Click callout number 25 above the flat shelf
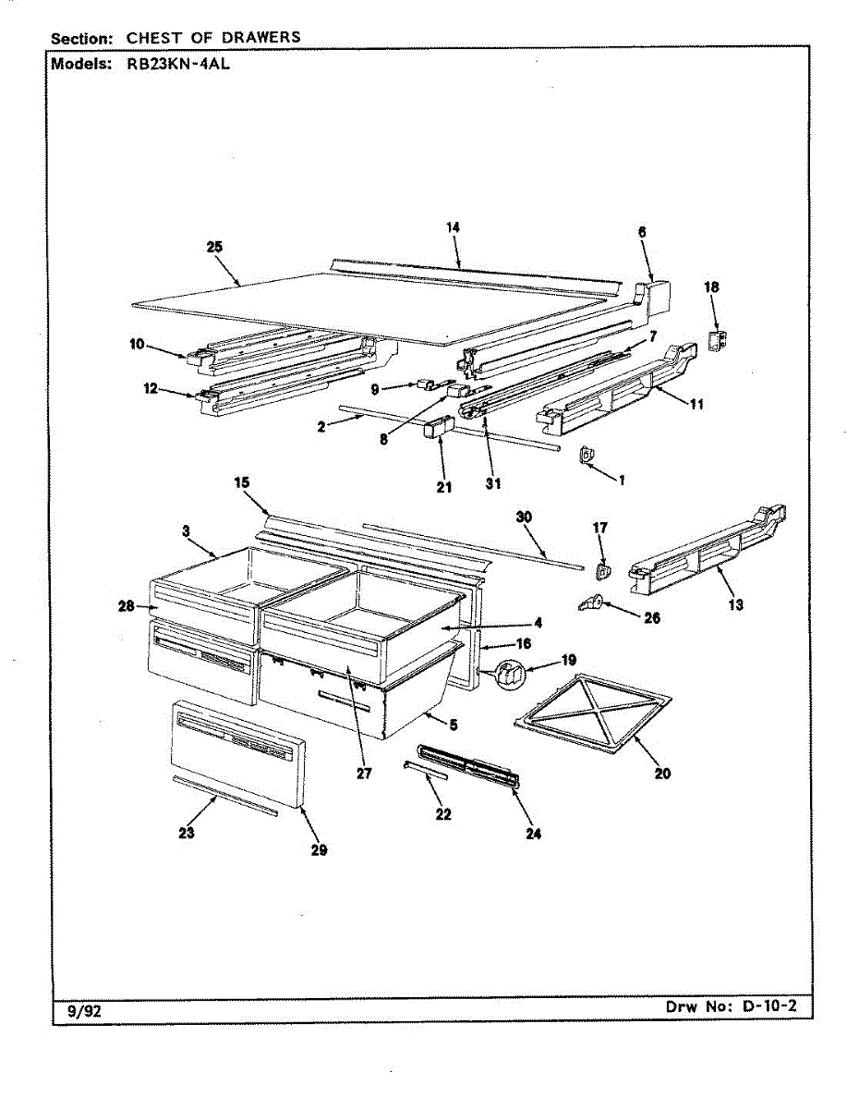coord(214,247)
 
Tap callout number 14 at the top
coord(453,227)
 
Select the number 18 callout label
coord(711,287)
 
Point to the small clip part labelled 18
coord(716,339)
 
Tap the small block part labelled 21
coord(436,429)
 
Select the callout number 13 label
coord(736,605)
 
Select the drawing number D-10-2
coord(768,1005)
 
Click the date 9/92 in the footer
coord(85,1011)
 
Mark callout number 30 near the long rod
coord(525,518)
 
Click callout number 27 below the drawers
coord(364,774)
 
